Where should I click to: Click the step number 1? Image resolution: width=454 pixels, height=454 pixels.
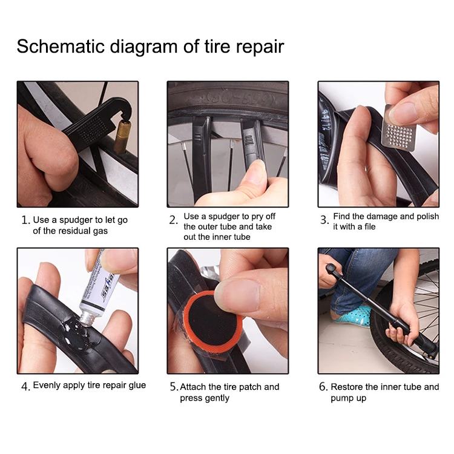(x=25, y=220)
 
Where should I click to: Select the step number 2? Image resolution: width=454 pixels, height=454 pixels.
(x=173, y=220)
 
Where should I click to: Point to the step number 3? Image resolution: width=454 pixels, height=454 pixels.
(x=324, y=220)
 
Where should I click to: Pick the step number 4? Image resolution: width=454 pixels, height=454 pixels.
(x=25, y=387)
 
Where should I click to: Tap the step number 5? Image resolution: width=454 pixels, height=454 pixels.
(x=174, y=387)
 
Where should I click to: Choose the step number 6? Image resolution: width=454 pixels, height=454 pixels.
(x=323, y=387)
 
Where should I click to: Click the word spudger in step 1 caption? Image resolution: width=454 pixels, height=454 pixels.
(x=73, y=220)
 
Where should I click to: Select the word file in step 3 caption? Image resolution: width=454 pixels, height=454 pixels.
(x=370, y=226)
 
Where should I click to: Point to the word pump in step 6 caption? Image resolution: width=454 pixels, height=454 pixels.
(x=341, y=399)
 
